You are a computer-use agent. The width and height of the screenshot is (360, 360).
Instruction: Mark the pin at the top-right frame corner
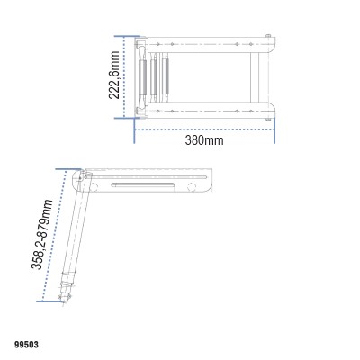click(x=269, y=36)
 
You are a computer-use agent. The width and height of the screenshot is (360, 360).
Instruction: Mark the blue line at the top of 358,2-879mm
click(x=67, y=168)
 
